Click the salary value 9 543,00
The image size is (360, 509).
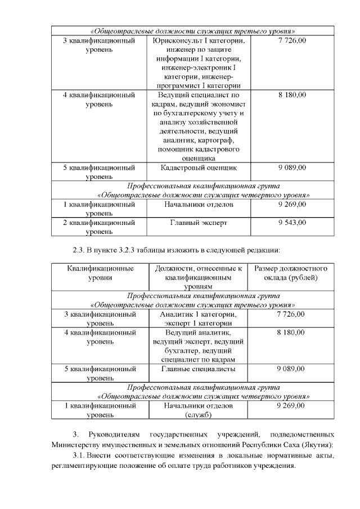click(x=292, y=223)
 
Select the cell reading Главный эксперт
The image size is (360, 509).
click(x=199, y=223)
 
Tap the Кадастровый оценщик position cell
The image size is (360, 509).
click(x=199, y=168)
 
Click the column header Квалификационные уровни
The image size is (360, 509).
click(x=100, y=273)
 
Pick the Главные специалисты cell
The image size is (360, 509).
click(x=198, y=369)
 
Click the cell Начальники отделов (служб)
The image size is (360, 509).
click(x=198, y=410)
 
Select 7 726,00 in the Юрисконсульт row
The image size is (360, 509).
click(x=292, y=41)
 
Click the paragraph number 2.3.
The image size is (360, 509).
click(x=79, y=250)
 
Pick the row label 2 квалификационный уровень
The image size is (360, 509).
click(x=100, y=227)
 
